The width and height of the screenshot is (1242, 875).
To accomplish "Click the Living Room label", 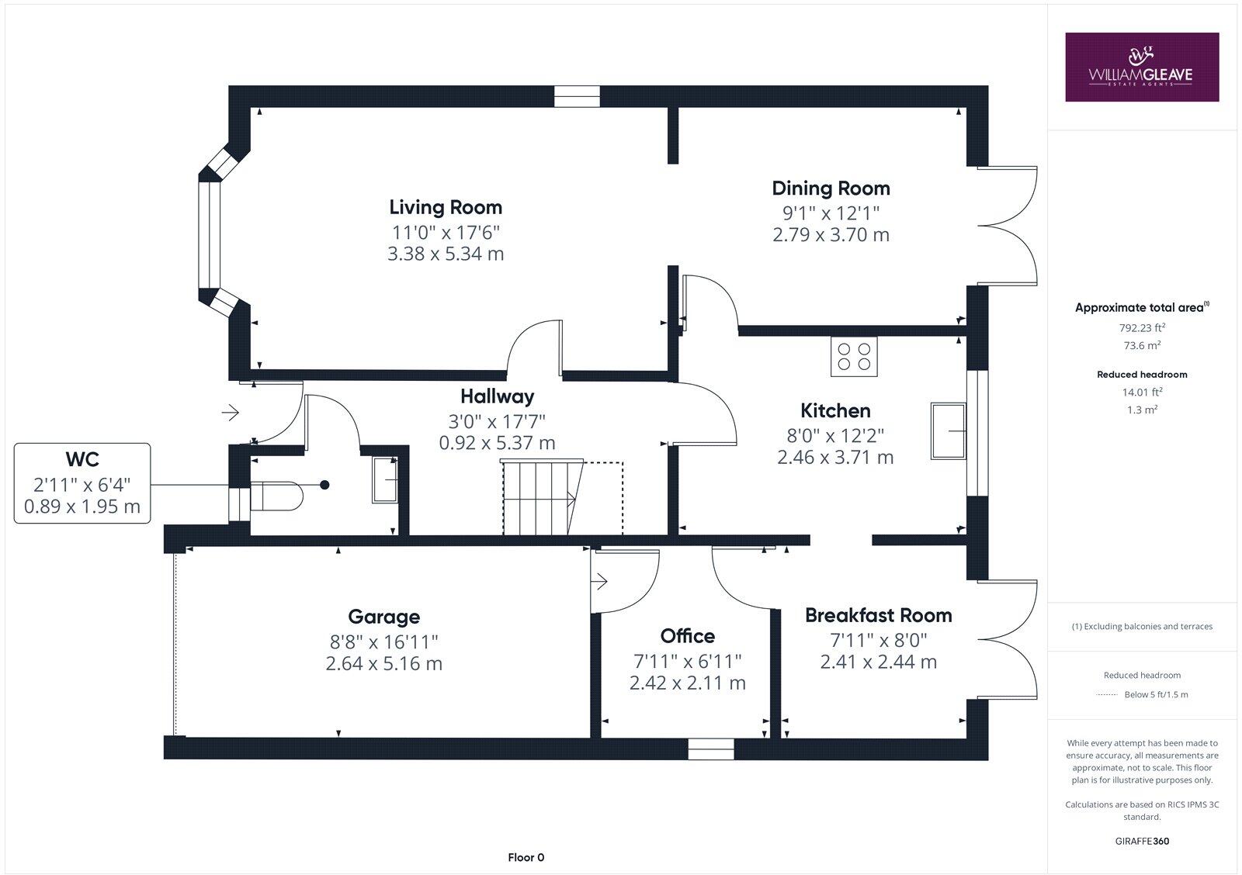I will point(446,207).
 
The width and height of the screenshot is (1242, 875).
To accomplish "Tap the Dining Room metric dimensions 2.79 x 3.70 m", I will point(831,234).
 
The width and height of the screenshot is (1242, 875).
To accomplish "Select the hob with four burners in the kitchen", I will point(854,357).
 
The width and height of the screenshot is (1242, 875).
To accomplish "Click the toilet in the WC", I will point(276,496).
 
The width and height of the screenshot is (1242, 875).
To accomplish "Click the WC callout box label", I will point(82,459).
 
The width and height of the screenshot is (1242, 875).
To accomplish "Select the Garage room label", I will point(383,617).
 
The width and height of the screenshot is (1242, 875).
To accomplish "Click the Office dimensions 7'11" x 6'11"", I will point(687,661).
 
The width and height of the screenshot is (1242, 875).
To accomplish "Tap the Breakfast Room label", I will point(878,615).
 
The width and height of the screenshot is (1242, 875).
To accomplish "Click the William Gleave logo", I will point(1141,67).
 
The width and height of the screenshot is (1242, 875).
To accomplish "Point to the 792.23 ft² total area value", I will point(1141,327).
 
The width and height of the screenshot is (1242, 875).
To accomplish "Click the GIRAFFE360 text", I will point(1142,841).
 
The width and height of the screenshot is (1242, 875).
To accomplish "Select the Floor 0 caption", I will point(526,857).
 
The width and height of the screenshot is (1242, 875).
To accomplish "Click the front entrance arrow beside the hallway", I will point(230,413).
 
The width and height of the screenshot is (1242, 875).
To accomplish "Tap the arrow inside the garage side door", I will point(599,581).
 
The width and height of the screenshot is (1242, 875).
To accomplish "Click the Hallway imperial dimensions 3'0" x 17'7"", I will point(497,421).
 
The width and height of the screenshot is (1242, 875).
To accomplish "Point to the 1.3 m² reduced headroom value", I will point(1141,410).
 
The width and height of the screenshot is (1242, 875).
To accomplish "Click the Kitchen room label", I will point(835,410).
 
